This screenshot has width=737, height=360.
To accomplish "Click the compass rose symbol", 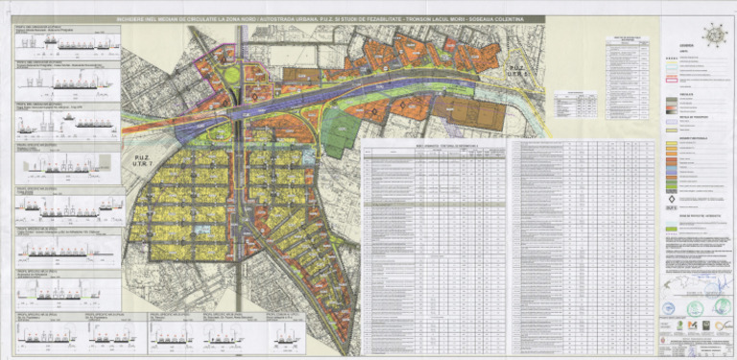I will (x=714, y=34).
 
